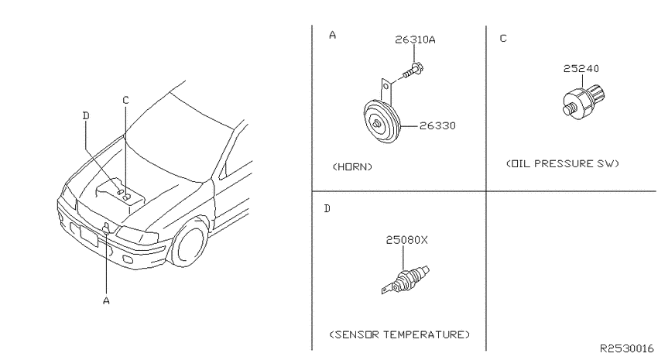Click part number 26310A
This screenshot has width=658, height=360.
coord(415,39)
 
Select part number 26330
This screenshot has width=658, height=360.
coord(437,125)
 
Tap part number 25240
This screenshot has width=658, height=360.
coord(581,68)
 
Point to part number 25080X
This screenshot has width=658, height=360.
coord(406,240)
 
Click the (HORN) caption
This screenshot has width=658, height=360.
coord(352,167)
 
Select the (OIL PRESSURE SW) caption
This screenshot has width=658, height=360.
coord(563,163)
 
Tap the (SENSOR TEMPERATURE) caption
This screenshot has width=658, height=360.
coord(399,334)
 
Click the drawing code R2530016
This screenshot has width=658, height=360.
coord(626,348)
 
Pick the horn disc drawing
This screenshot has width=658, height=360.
coord(382,121)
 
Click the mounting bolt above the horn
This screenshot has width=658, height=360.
coord(413,71)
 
